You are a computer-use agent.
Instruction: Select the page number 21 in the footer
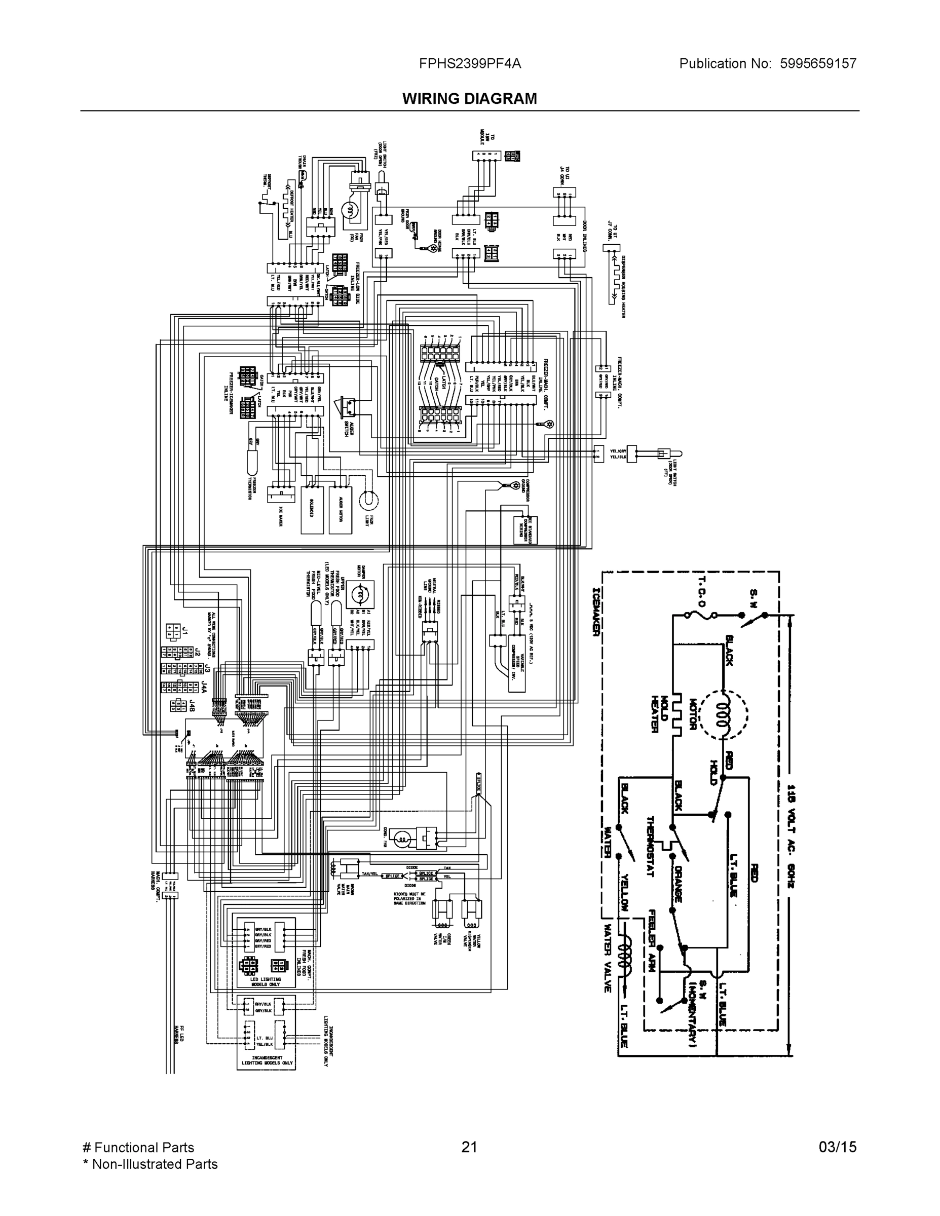469,1147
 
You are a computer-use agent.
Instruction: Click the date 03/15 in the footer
837,1147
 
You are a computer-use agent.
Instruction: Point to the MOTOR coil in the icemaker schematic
723,714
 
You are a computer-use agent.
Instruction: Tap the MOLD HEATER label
659,714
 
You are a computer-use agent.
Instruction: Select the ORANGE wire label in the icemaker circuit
679,884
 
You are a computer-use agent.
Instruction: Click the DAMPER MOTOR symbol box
360,595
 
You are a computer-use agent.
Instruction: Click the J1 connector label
185,631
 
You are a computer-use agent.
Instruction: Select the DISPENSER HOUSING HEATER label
622,287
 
